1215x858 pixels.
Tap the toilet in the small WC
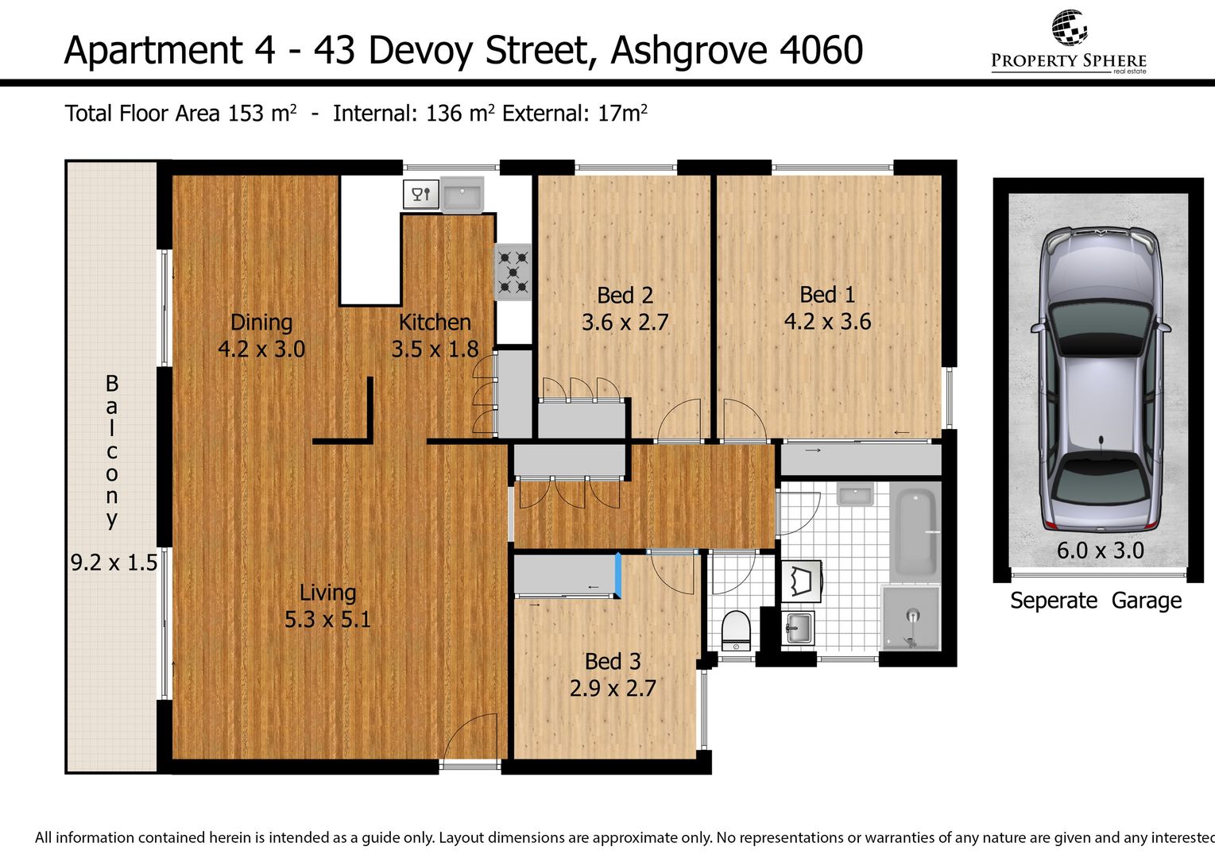[736, 631]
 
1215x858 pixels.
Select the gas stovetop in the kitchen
[513, 272]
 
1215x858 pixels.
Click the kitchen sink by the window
[462, 195]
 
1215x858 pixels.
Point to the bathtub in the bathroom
[916, 534]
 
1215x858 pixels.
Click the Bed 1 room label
[827, 295]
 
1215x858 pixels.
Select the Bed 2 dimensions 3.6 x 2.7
[625, 323]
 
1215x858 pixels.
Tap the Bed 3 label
[613, 662]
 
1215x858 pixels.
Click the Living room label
[327, 593]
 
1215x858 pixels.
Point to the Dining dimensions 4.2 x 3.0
[261, 349]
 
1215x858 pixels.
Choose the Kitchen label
[435, 323]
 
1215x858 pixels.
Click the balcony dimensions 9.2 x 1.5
[114, 562]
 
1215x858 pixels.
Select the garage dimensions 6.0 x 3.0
[1101, 551]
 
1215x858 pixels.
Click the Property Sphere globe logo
[1069, 27]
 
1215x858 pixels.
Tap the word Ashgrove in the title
[689, 50]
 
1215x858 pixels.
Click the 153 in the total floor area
[246, 114]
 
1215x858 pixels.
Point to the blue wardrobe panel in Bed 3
[617, 575]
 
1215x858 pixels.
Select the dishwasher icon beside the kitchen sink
[421, 194]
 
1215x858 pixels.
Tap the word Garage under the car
[1147, 601]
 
